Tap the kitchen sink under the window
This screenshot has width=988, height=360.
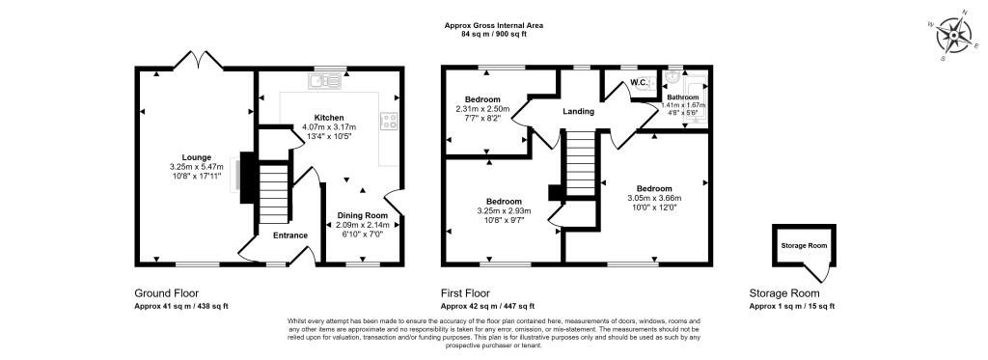click(x=330, y=81)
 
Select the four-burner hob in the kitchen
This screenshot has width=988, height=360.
click(x=391, y=121)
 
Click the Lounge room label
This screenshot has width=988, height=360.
click(x=197, y=156)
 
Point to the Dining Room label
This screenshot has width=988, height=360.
click(x=363, y=215)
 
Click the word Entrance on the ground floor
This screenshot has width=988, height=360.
click(x=290, y=235)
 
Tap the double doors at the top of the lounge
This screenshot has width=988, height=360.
click(x=198, y=60)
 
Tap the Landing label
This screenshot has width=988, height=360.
click(x=579, y=112)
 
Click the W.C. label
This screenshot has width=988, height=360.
click(x=638, y=83)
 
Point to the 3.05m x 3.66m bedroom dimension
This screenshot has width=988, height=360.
click(x=653, y=199)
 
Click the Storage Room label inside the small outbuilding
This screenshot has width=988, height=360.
click(x=804, y=246)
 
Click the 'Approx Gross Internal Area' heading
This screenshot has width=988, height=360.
click(x=494, y=25)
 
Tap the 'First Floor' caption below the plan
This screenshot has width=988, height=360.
click(x=465, y=293)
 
